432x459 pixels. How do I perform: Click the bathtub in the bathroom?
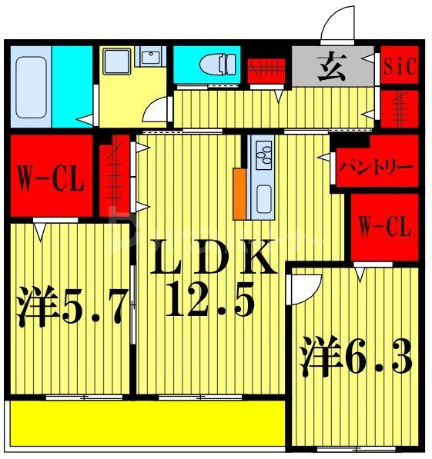pos(31,86)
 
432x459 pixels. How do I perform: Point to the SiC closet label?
pos(400,66)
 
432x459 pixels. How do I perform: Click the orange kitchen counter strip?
pos(239,192)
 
